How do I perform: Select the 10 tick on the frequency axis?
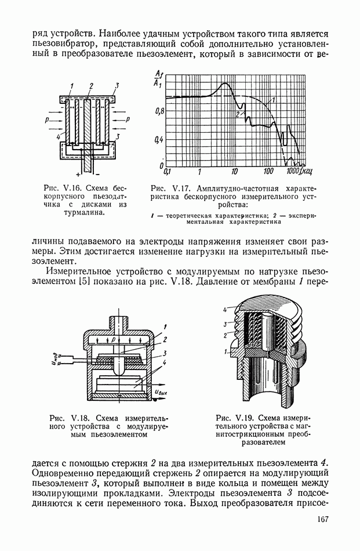point(234,172)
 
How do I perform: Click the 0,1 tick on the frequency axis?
point(168,172)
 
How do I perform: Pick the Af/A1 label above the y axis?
point(159,78)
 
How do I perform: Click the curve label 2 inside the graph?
point(238,115)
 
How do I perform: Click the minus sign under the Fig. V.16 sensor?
point(97,174)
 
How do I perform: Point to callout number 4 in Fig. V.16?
point(59,136)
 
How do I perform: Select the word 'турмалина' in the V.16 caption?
point(86,212)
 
